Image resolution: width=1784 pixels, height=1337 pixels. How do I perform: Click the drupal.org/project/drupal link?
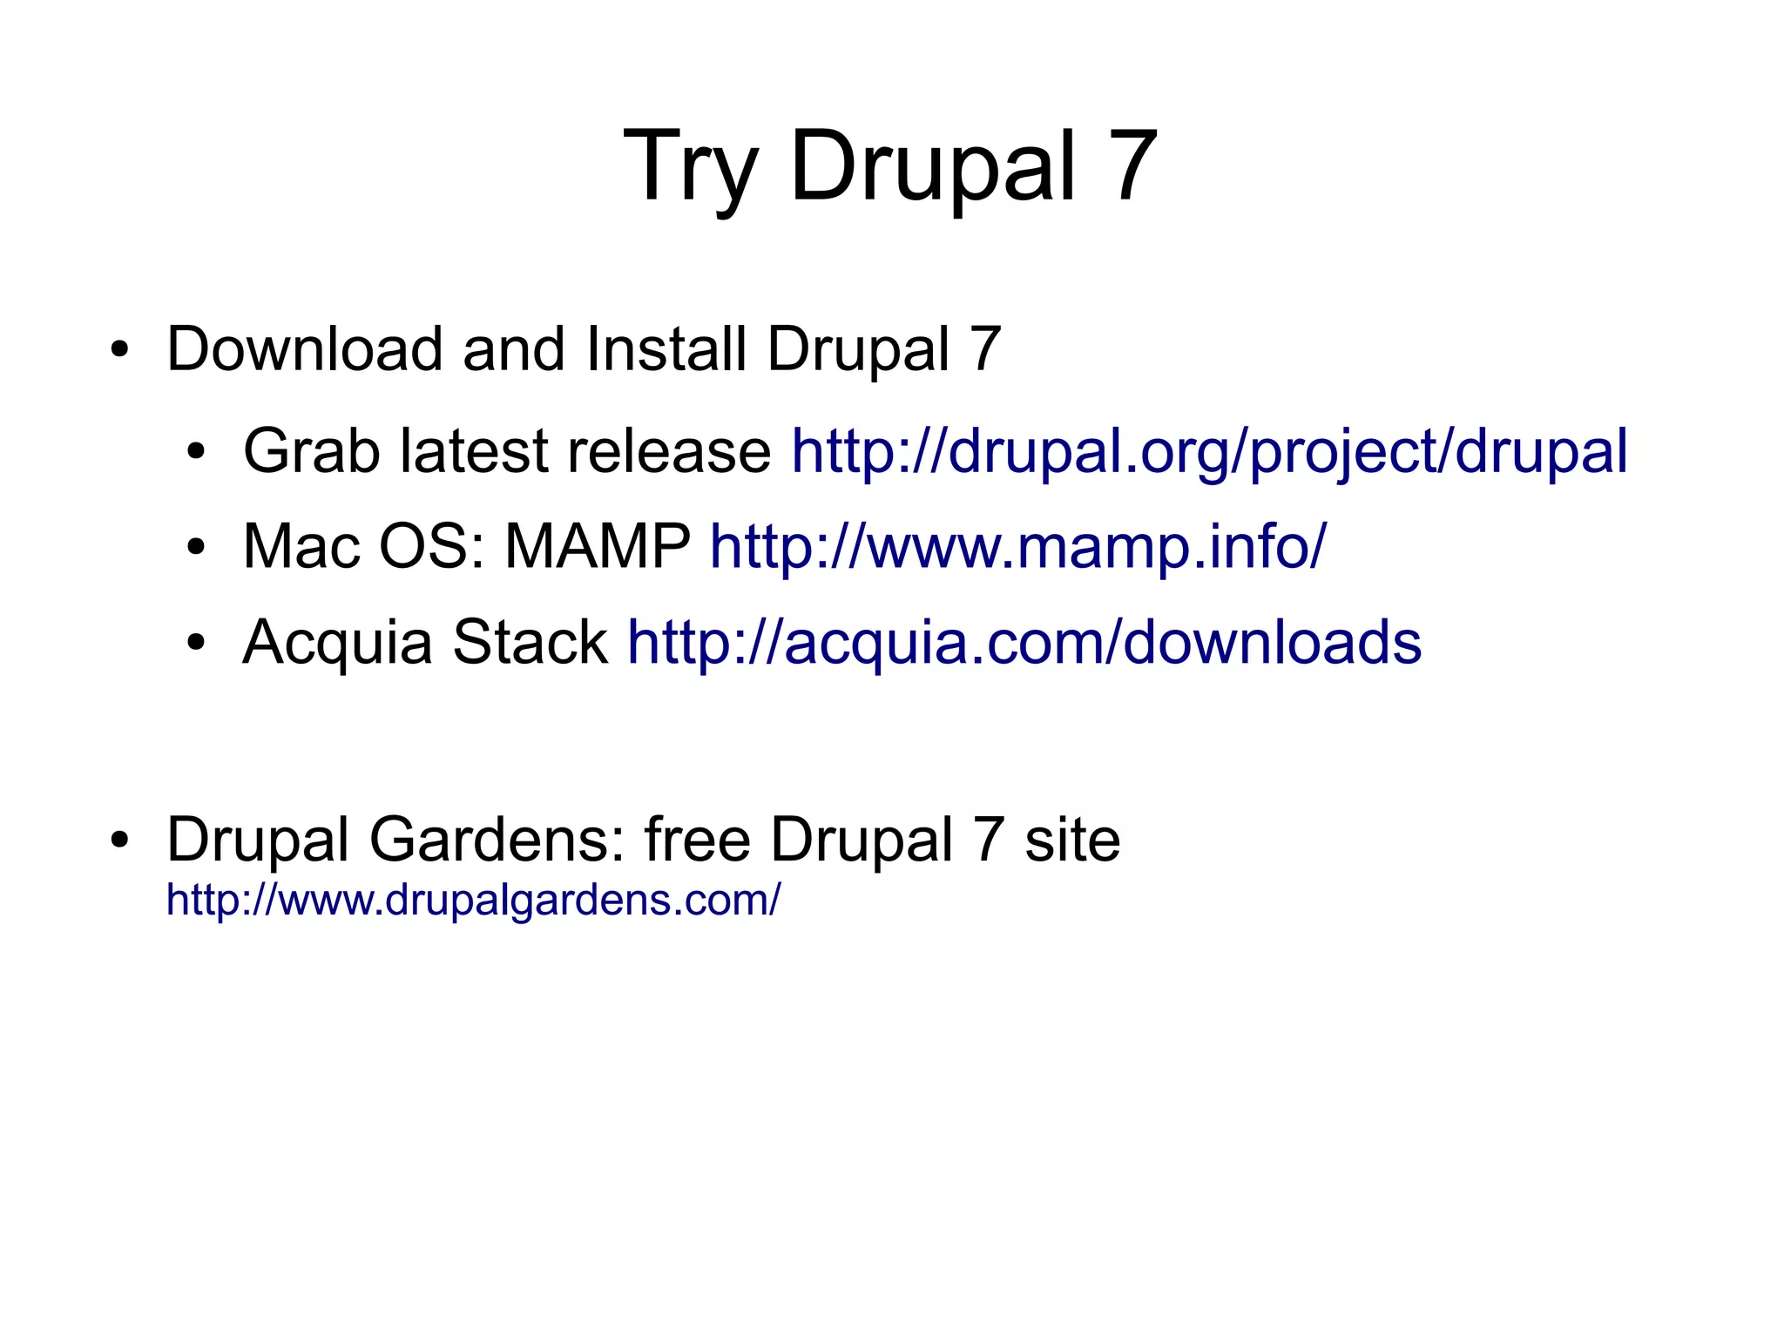tap(1209, 452)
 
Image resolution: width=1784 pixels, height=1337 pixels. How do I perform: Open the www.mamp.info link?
tap(1017, 547)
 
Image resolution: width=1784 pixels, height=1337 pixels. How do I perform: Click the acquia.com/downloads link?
tap(1024, 643)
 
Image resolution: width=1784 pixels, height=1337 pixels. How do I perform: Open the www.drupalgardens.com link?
tap(473, 900)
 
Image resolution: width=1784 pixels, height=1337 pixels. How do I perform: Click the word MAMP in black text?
tap(598, 547)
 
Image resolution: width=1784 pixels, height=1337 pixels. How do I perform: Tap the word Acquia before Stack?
tap(338, 643)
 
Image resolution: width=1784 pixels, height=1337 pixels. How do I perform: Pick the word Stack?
tap(530, 643)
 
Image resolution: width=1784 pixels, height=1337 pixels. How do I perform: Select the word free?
tap(697, 841)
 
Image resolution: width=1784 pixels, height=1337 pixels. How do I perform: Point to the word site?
tap(1072, 841)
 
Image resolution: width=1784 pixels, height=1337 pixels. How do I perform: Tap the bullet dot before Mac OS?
tap(196, 549)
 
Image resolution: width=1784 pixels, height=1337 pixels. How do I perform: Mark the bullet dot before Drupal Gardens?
tap(119, 841)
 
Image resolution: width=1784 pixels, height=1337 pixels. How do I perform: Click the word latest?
tap(475, 452)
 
